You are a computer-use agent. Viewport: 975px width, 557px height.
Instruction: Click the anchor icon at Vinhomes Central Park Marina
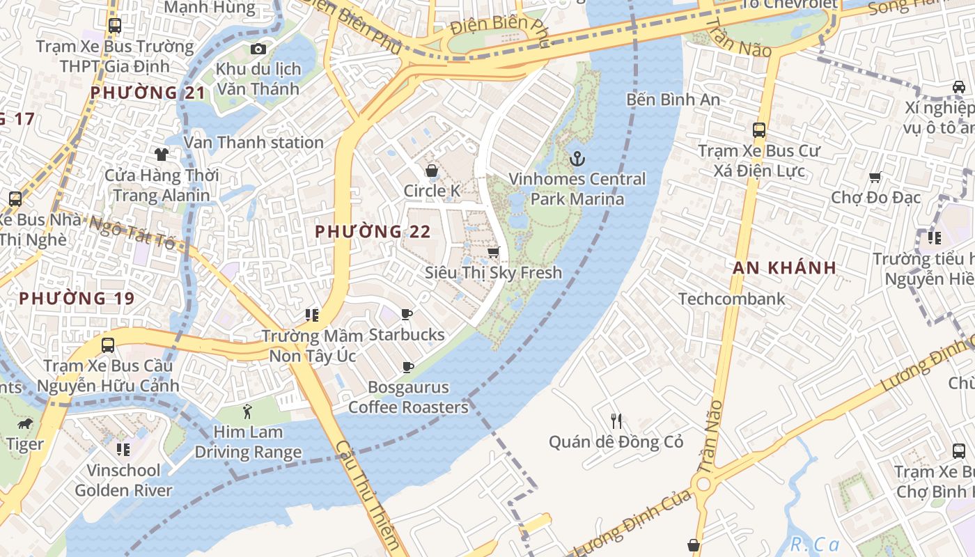[x=577, y=159]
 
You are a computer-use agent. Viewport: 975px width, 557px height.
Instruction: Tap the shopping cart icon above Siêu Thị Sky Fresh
[x=494, y=253]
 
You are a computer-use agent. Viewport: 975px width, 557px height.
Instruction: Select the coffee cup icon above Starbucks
[x=407, y=315]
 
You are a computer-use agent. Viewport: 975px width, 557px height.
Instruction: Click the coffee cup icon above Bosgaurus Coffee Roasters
[x=408, y=367]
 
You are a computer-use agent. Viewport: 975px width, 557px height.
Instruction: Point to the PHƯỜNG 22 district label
[x=373, y=232]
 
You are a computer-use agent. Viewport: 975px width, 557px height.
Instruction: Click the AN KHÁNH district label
[x=783, y=267]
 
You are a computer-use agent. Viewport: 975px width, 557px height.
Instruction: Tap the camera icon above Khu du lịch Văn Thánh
[x=258, y=49]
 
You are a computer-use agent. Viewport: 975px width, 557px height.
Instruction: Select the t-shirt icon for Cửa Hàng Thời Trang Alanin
[x=162, y=155]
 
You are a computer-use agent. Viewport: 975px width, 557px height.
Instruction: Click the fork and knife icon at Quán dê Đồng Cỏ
[x=616, y=421]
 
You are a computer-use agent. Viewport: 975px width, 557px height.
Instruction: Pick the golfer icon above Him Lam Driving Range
[x=247, y=411]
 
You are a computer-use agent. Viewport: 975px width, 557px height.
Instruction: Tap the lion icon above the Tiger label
[x=25, y=423]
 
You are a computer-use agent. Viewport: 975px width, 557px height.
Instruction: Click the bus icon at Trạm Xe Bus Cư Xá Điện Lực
[x=759, y=130]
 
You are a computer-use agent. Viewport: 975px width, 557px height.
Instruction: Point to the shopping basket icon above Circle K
[x=432, y=171]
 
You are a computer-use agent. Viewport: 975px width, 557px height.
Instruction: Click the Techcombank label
[x=731, y=299]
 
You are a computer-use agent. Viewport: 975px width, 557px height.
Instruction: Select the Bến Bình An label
[x=673, y=100]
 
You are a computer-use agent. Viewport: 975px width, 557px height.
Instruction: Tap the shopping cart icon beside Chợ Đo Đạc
[x=875, y=178]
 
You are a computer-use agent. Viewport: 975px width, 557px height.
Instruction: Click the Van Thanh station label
[x=253, y=143]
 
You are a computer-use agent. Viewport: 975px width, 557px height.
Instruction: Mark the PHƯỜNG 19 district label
[x=77, y=299]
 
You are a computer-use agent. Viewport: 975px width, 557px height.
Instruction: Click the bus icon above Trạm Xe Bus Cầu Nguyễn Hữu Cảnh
[x=108, y=345]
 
